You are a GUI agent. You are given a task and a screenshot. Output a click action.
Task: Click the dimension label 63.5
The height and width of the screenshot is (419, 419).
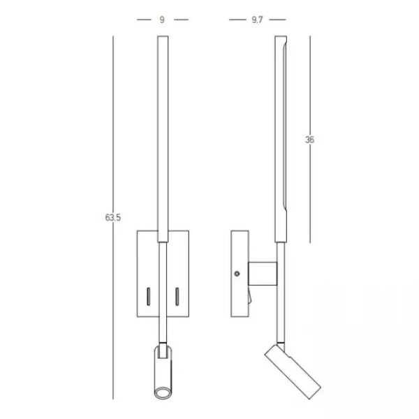tap(112, 218)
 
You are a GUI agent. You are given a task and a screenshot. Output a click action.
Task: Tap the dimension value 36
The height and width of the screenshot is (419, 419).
tap(309, 140)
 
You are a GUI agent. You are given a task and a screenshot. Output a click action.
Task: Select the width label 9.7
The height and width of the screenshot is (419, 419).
tap(257, 20)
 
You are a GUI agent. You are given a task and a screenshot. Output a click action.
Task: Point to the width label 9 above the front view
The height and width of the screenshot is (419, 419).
tap(162, 20)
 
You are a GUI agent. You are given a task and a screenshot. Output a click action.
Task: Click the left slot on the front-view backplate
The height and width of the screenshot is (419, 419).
tap(148, 296)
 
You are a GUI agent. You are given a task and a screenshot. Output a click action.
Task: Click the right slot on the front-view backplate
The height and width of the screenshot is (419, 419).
tap(177, 296)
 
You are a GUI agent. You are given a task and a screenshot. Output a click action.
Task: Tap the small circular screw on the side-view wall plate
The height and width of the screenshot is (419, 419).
tap(237, 274)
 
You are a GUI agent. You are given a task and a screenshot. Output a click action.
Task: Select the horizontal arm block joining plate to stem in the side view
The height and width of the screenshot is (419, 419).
tap(263, 274)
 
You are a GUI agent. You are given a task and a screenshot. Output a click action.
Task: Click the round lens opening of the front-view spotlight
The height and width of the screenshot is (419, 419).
tap(163, 393)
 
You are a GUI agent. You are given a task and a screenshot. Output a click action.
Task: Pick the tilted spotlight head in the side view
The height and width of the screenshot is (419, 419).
tap(293, 372)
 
